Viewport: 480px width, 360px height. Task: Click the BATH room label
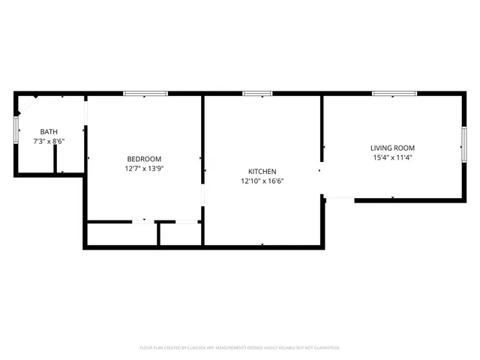49,132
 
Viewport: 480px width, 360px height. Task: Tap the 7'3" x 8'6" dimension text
49,141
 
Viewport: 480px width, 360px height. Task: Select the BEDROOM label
144,159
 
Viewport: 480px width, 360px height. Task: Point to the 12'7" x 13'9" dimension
144,169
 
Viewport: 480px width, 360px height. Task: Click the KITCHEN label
262,171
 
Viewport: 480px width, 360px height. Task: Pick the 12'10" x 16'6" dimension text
262,181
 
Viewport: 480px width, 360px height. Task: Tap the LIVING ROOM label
392,148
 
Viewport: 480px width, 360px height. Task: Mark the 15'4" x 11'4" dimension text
392,157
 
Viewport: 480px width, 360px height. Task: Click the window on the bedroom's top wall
144,94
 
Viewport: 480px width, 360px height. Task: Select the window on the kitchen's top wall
256,94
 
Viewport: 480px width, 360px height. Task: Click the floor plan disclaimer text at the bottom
240,348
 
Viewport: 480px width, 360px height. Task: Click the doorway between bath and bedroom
85,112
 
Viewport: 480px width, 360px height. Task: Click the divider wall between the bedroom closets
158,233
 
